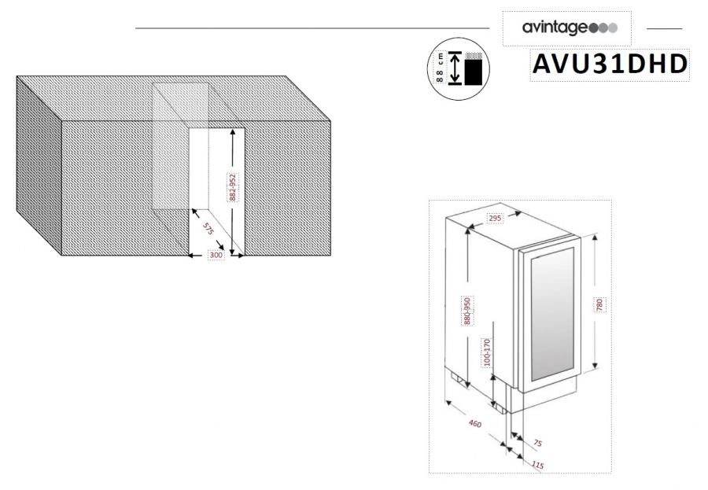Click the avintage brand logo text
554,28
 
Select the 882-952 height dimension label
233,187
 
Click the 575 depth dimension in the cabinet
208,230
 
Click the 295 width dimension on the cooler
494,217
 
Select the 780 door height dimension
599,306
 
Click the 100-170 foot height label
489,353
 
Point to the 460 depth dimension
474,425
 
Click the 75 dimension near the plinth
537,442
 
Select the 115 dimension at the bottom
537,465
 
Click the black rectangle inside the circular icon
473,72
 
